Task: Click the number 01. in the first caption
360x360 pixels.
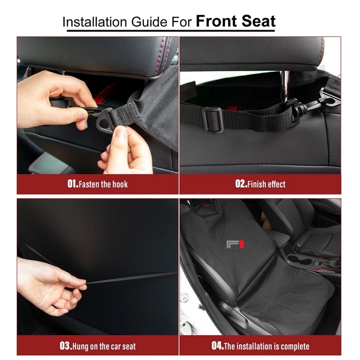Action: (x=73, y=184)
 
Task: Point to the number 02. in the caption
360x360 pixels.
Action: (x=241, y=184)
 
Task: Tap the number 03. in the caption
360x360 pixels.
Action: (x=66, y=346)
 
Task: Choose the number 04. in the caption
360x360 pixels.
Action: (x=218, y=346)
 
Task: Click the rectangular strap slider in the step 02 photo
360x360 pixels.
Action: (x=212, y=120)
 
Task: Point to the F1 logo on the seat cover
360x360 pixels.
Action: (x=235, y=244)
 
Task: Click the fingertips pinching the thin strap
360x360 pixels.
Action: (x=81, y=283)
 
